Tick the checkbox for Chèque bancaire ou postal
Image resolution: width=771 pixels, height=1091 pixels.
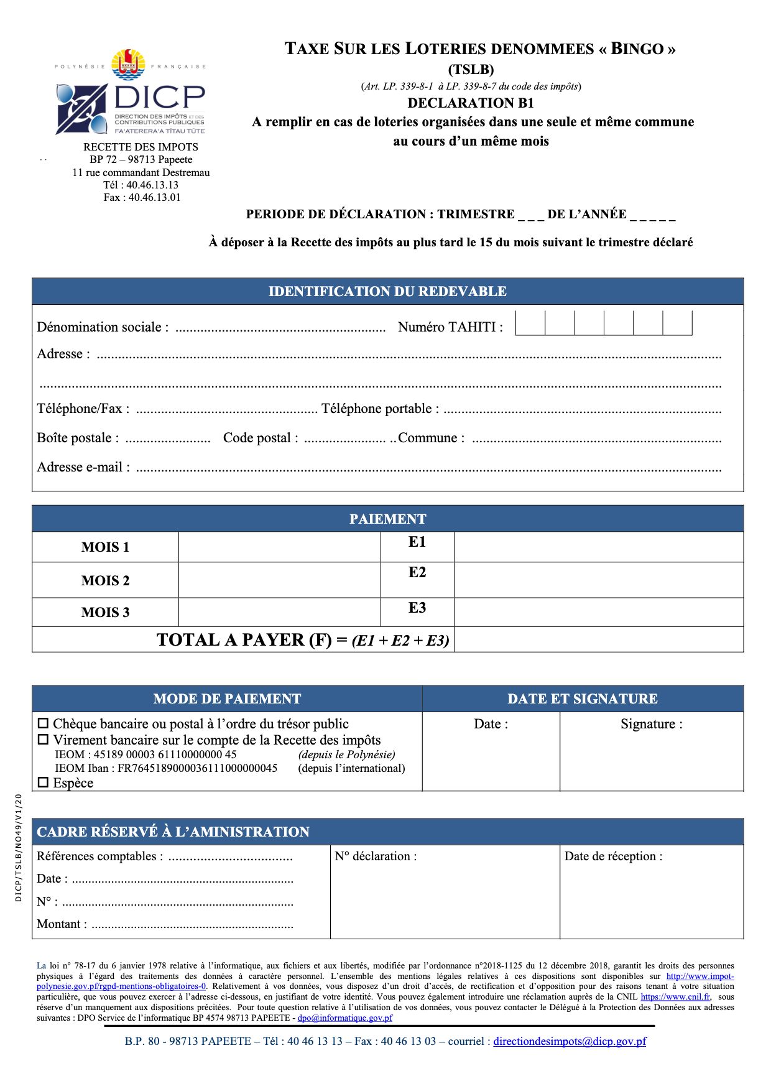point(43,723)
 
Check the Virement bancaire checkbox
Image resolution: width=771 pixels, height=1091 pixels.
point(43,740)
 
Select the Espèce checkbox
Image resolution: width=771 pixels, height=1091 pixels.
point(43,782)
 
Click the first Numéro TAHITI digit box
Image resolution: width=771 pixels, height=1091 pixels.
point(530,323)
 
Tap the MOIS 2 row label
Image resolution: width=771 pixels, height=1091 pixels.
point(105,580)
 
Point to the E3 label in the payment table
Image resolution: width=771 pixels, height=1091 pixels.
point(417,608)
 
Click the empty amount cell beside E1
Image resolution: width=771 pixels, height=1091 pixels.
point(598,547)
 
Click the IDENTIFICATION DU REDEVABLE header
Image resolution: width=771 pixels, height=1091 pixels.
point(387,291)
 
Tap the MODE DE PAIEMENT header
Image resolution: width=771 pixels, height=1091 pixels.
point(227,699)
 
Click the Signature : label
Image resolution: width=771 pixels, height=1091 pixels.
point(651,724)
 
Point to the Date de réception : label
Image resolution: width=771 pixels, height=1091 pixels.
point(613,857)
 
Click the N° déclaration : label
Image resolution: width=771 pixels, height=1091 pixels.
point(376,857)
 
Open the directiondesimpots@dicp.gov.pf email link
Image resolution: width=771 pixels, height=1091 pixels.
point(570,1041)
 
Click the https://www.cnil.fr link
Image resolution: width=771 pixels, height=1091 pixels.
point(675,996)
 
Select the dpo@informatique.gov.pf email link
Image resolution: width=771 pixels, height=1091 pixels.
point(345,1018)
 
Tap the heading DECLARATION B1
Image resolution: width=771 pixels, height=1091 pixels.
point(471,103)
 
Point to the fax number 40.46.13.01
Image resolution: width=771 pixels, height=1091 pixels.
point(154,198)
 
